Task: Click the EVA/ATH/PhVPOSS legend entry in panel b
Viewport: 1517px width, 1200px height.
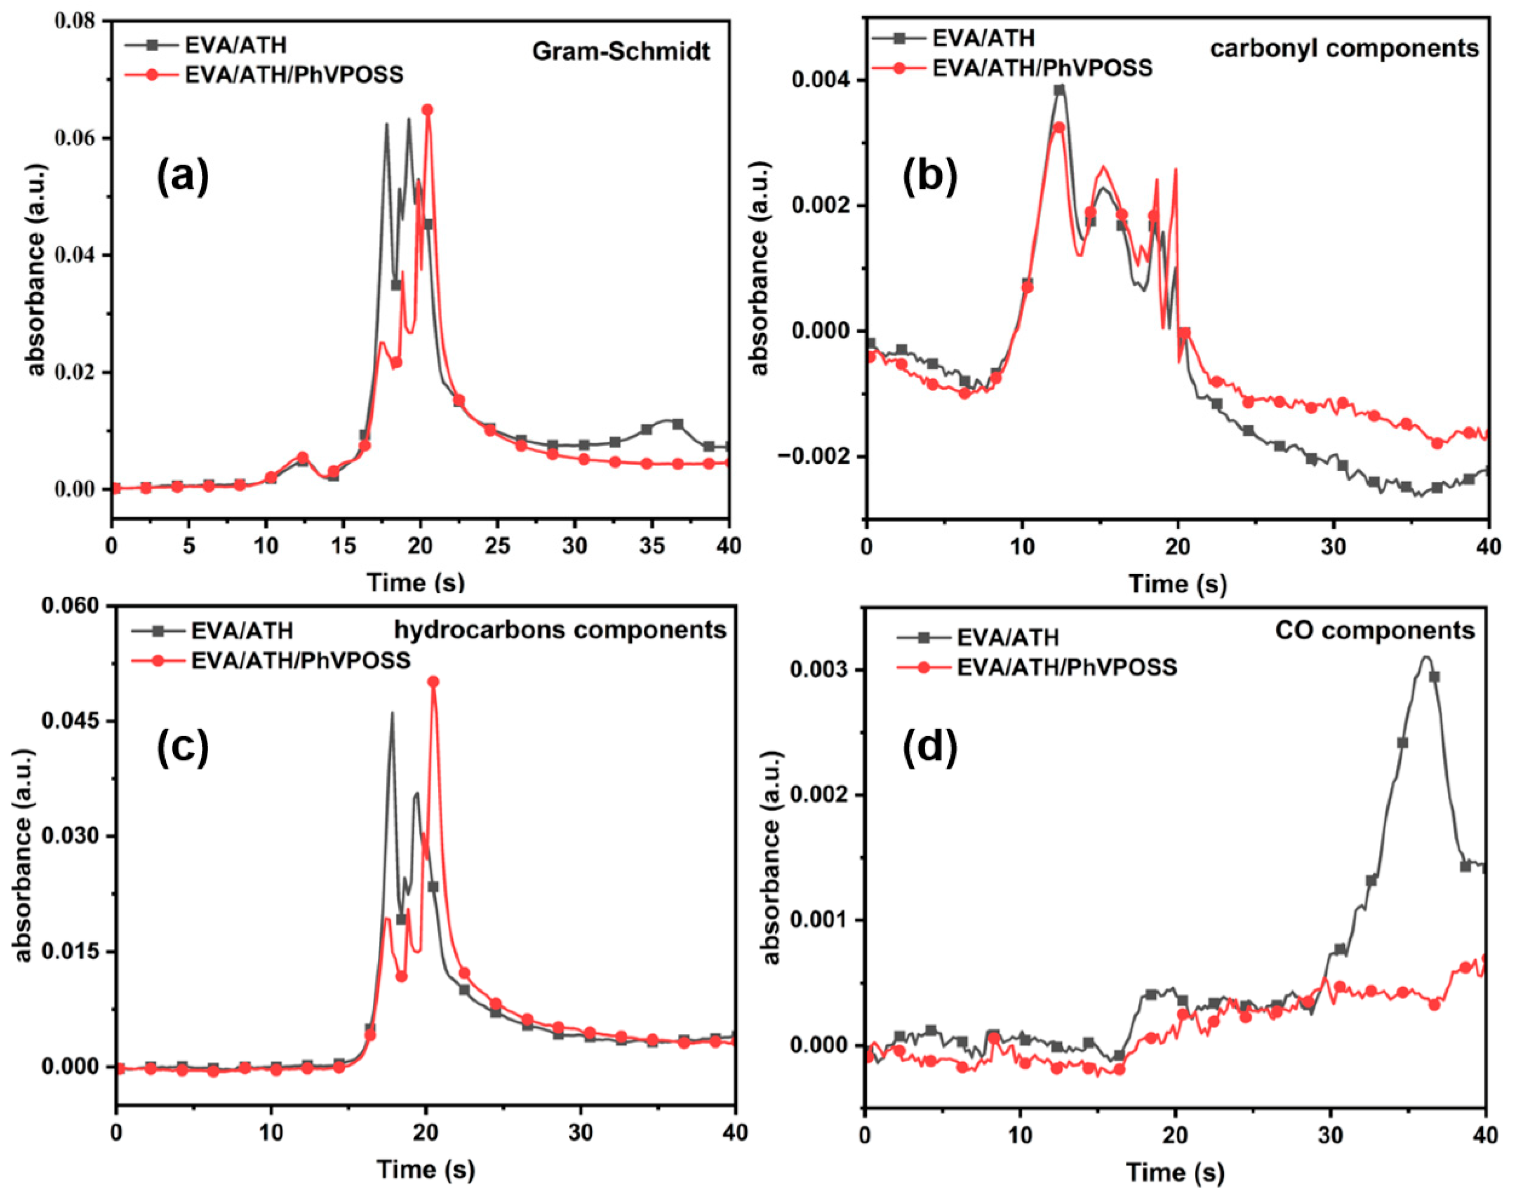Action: tap(1042, 68)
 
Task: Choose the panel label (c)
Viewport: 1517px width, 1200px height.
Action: tap(183, 748)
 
